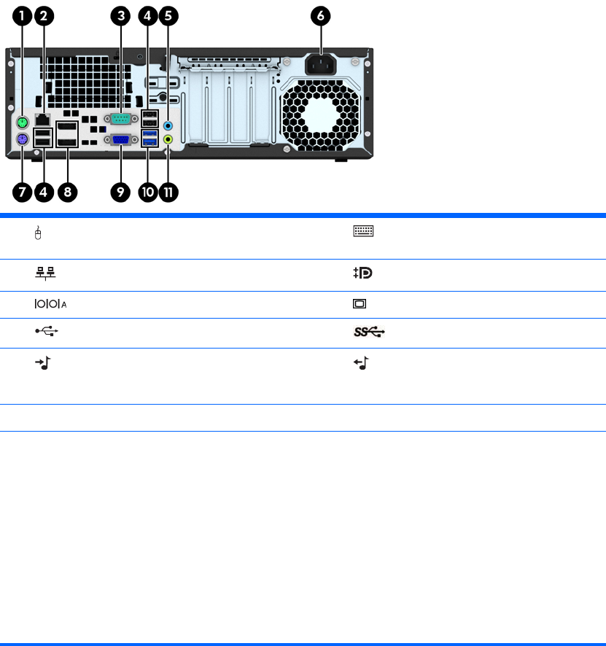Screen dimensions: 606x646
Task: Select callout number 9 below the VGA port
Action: (120, 192)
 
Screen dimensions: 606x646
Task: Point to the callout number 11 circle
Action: (170, 192)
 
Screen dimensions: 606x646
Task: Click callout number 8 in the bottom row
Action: (68, 192)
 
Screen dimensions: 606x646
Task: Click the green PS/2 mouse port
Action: (23, 122)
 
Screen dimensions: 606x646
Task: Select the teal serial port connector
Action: (120, 119)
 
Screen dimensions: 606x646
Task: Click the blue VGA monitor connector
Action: (120, 140)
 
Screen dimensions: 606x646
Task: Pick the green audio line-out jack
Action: (169, 139)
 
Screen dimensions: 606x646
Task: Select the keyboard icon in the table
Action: (363, 232)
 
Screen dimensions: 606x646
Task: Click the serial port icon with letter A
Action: (44, 304)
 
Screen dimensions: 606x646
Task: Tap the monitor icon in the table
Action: (360, 304)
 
